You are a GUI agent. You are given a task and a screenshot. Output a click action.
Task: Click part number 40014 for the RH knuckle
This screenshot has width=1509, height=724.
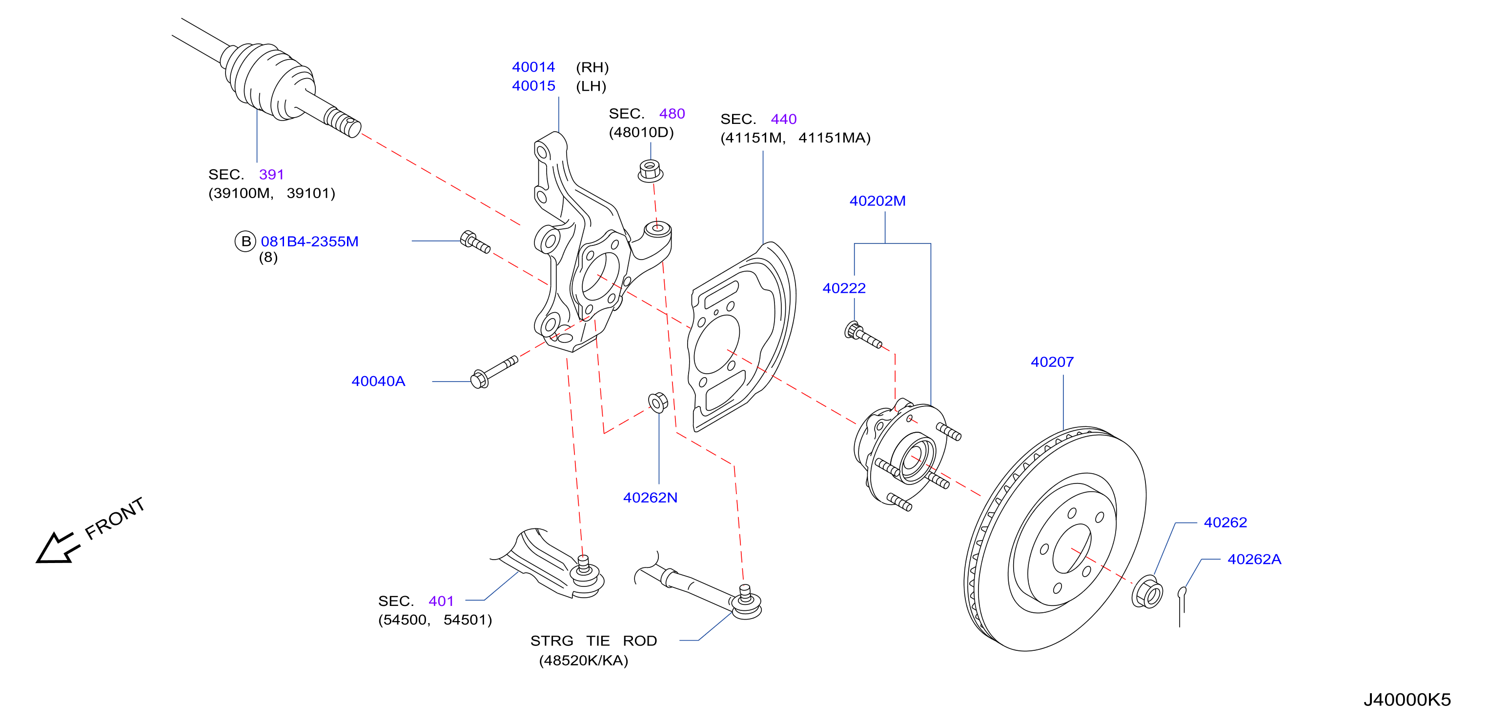pos(533,67)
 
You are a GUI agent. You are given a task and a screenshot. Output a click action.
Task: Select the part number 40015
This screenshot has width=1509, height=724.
pos(533,86)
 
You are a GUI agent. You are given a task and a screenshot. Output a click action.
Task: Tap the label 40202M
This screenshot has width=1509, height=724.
pos(877,201)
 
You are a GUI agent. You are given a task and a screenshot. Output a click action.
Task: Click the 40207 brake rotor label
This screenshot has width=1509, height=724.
pos(1052,362)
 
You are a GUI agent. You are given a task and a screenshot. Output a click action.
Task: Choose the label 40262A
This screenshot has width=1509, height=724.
pos(1254,560)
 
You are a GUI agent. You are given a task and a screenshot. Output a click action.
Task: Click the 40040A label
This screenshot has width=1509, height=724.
pos(378,382)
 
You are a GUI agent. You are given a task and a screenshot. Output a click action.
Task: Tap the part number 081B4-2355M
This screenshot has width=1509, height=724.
pos(309,241)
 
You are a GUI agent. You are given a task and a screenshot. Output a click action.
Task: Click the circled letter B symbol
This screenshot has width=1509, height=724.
pos(245,241)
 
